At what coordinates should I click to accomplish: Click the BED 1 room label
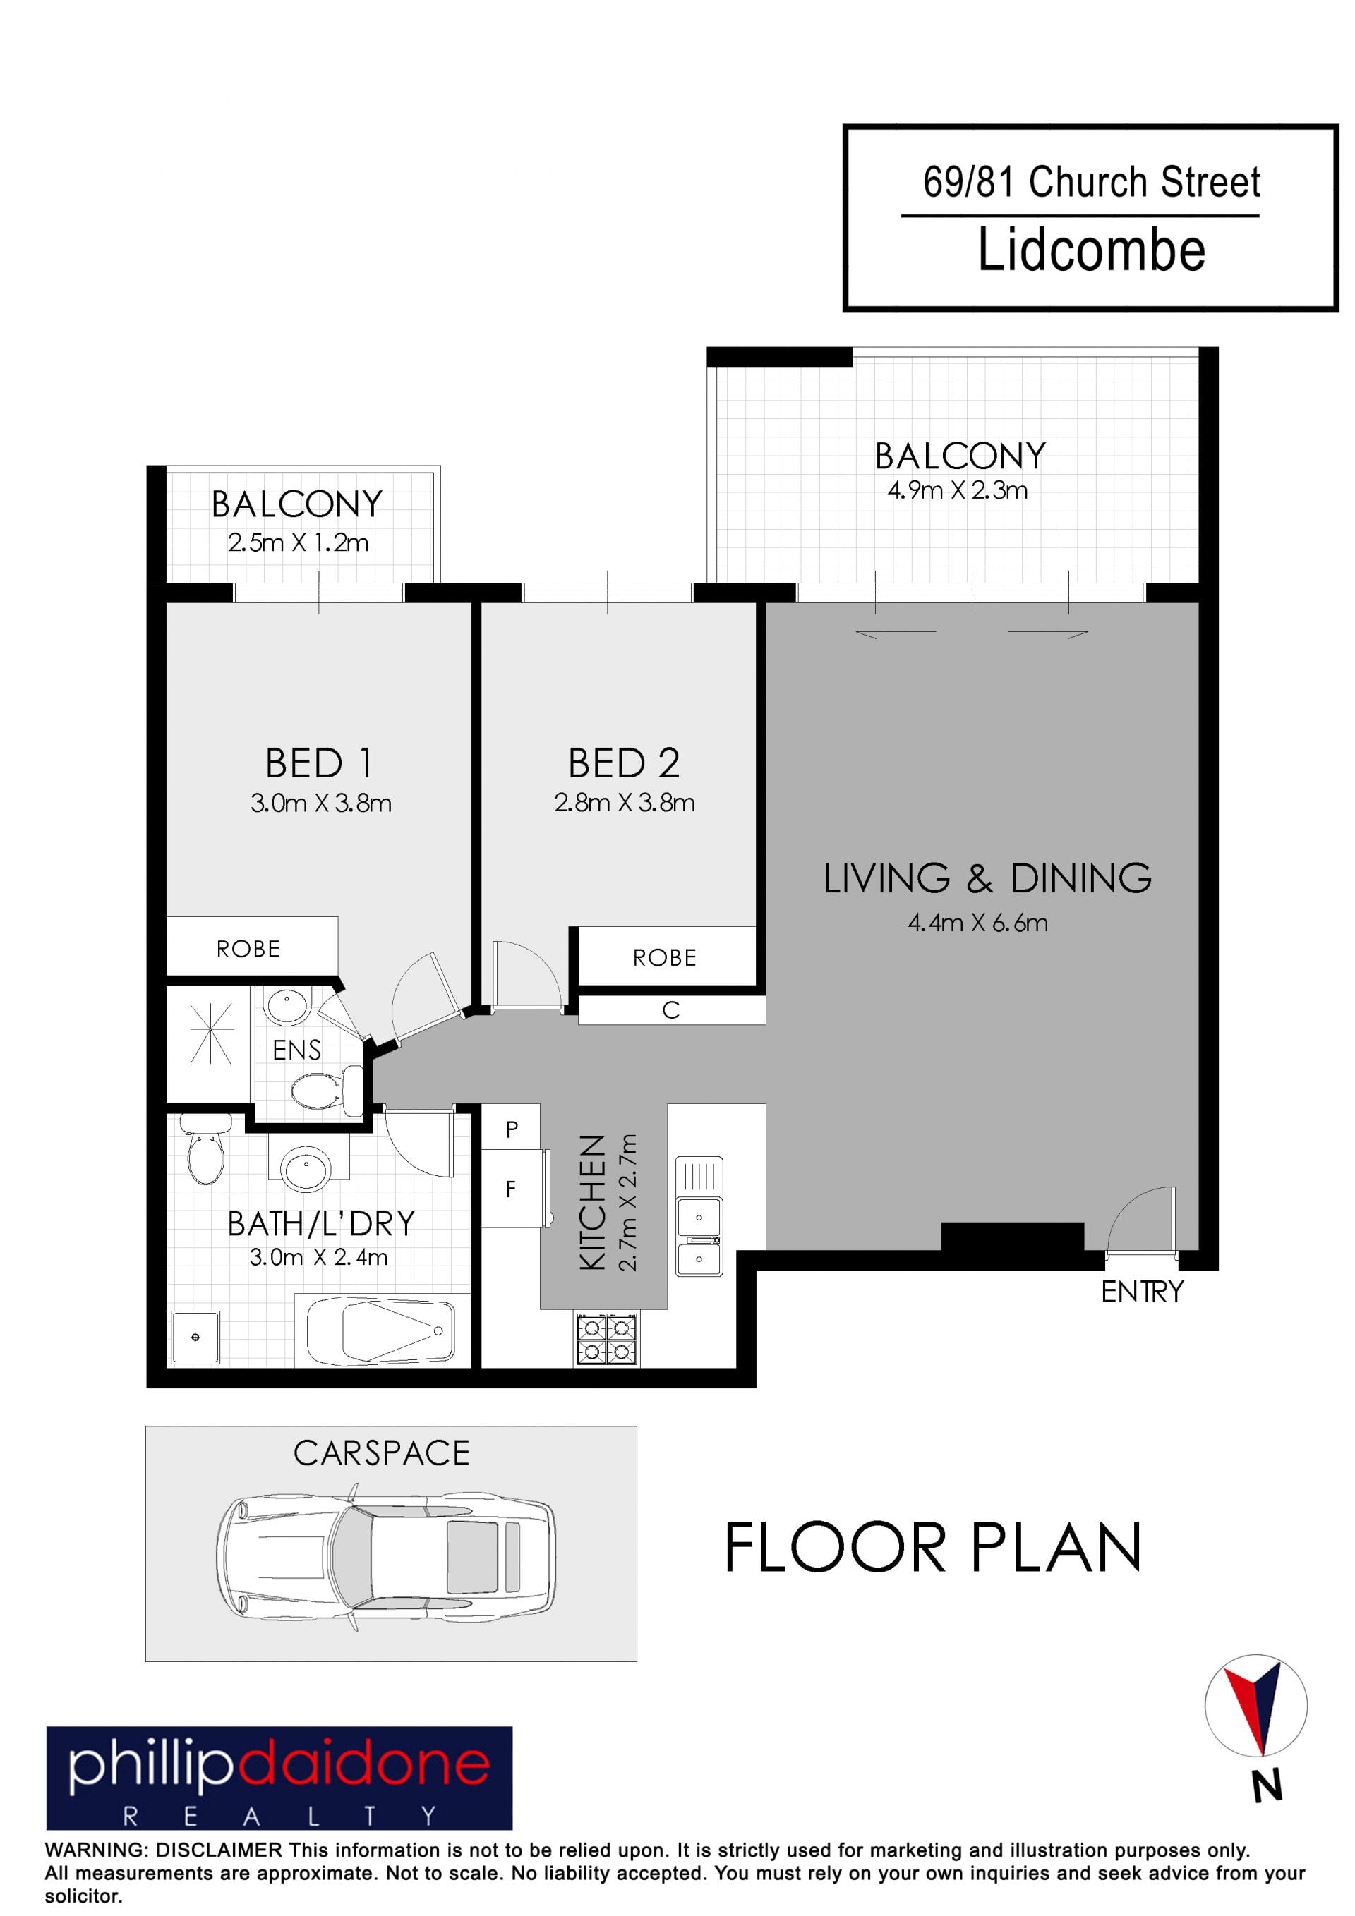[x=319, y=763]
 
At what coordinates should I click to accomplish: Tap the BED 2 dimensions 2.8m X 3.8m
[x=625, y=803]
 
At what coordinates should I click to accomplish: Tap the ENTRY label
[x=1142, y=1292]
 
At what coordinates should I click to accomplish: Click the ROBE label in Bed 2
[x=665, y=958]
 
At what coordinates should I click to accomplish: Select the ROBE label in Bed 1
[x=248, y=949]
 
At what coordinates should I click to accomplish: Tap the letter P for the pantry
[x=512, y=1129]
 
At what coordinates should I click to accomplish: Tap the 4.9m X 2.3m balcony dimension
[x=958, y=491]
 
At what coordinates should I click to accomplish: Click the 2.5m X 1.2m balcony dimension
[x=298, y=543]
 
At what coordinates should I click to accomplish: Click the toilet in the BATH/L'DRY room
[x=205, y=1151]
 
